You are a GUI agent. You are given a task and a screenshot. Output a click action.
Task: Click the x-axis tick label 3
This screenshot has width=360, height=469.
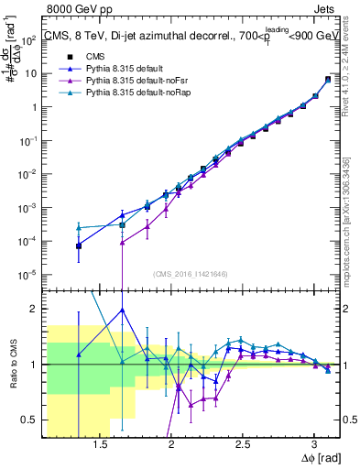314,446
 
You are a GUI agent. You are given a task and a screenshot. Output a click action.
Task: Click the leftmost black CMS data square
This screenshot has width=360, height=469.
79,245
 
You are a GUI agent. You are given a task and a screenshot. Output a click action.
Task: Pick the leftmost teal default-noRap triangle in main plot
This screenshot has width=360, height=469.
79,227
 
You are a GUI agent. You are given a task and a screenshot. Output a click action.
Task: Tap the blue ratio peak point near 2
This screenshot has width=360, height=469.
122,310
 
